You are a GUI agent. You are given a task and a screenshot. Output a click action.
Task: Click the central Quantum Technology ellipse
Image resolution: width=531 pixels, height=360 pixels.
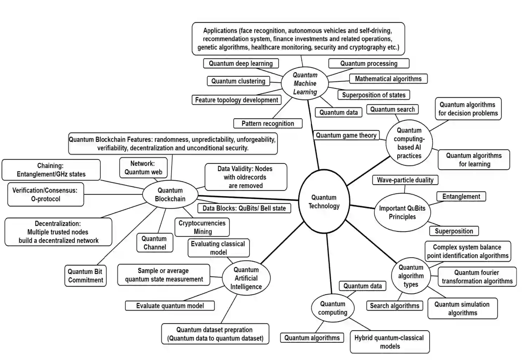pos(324,202)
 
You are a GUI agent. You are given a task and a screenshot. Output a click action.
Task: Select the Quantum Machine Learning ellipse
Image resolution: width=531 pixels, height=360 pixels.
pos(305,84)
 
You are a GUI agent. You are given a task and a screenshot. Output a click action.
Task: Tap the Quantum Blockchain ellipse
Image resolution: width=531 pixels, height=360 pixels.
pos(170,195)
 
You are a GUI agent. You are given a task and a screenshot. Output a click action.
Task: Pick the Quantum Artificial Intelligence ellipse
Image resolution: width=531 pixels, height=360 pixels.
pos(246,278)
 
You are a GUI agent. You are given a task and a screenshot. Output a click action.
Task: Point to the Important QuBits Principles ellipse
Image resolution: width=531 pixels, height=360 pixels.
pos(402,212)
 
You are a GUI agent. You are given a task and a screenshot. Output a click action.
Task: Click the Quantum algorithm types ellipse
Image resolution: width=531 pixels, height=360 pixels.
pos(411,276)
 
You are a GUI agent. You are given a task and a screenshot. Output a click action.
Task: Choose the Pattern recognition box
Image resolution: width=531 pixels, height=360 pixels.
pos(267,123)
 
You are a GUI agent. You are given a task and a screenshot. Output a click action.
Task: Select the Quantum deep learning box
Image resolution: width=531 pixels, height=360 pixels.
pos(241,64)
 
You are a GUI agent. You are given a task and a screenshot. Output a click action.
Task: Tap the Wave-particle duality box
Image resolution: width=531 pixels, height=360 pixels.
pos(405,180)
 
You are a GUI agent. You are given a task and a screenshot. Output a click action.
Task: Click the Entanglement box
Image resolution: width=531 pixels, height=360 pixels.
pos(461,197)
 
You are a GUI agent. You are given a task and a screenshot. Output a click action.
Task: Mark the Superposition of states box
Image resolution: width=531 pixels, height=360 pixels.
pos(373,95)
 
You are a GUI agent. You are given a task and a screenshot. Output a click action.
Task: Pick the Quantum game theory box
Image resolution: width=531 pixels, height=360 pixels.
pos(346,135)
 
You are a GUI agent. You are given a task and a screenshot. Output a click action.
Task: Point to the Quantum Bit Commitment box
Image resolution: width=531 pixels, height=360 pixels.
pos(85,276)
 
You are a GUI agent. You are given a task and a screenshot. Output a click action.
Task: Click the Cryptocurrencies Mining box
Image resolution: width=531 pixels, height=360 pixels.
pos(202,227)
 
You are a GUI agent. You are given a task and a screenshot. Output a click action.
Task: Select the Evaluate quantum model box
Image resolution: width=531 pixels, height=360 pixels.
pos(170,306)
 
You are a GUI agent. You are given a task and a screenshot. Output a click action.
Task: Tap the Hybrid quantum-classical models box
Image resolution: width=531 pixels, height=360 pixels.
pos(389,342)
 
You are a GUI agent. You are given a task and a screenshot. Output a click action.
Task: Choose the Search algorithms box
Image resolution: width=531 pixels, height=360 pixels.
pos(394,306)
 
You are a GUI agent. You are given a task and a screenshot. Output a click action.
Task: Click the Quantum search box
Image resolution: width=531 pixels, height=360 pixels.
pos(392,109)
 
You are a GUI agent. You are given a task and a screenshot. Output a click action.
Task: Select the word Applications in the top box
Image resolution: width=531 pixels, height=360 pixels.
pos(220,31)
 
